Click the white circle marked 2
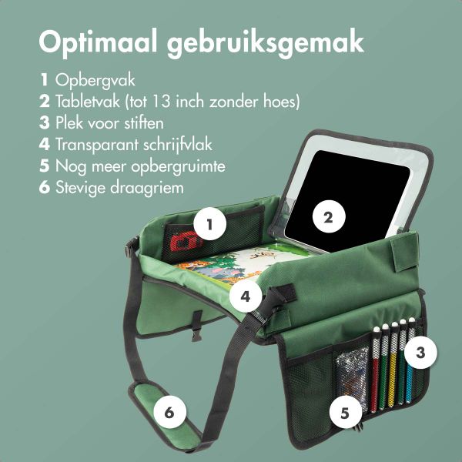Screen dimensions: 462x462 [328, 218]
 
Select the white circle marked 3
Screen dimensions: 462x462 [420, 353]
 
